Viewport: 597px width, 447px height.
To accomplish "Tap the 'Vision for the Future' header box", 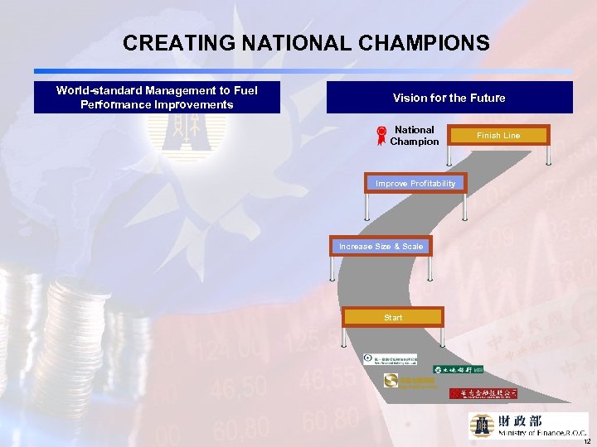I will tap(449, 98).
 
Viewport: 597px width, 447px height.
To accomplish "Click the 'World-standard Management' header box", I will tap(157, 98).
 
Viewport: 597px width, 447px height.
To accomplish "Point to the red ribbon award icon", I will tap(381, 136).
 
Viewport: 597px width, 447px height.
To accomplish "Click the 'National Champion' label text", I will tap(414, 136).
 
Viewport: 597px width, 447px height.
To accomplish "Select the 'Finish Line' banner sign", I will tap(498, 135).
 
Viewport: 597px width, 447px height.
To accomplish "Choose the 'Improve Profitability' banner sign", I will tap(415, 183).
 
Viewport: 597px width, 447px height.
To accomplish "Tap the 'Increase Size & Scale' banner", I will tap(381, 246).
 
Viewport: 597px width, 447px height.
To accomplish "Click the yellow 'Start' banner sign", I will tap(393, 317).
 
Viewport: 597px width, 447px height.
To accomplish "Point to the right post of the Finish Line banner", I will tap(546, 155).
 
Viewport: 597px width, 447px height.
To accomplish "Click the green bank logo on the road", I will tap(459, 369).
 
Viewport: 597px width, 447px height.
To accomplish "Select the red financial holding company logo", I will tap(483, 393).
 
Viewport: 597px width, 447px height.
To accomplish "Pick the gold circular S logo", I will tap(391, 381).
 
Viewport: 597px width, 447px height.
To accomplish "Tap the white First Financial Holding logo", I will tap(390, 358).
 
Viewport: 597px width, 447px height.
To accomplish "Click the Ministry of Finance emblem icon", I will tap(482, 425).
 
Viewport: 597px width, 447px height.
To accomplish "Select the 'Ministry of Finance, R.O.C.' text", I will tap(542, 433).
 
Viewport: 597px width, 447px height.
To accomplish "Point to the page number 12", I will tap(586, 441).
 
